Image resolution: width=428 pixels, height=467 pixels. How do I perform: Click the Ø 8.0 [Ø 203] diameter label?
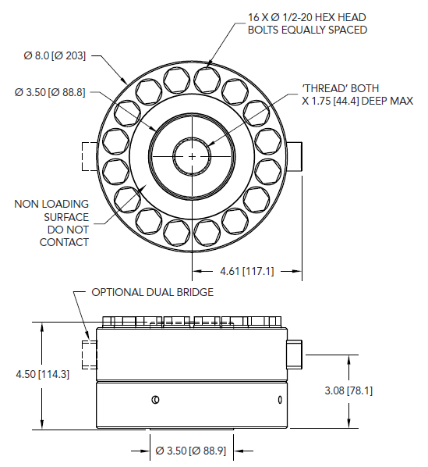55,55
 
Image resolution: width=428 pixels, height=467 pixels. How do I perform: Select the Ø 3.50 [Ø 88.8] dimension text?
50,92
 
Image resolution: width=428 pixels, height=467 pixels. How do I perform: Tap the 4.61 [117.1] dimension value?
246,271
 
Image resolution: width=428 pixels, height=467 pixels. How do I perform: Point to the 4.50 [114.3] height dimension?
43,374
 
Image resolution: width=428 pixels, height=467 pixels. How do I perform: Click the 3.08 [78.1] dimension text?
348,390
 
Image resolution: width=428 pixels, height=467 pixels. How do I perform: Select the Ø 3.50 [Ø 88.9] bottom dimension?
191,451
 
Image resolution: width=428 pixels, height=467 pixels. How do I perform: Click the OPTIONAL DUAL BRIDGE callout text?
153,292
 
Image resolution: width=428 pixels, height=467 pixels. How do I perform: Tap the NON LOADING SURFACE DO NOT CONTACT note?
51,223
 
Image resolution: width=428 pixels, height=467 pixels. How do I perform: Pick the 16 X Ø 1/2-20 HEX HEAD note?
307,17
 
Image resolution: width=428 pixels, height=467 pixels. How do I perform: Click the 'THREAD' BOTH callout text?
341,88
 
